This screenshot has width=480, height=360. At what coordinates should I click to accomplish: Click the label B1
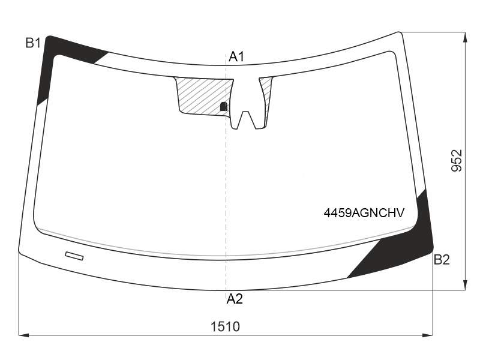33,43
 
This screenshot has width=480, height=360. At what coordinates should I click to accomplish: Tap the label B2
442,260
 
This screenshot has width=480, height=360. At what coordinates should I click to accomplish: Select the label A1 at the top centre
236,56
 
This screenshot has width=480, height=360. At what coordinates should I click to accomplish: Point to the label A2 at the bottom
235,298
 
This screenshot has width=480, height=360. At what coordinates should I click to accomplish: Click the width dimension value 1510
226,326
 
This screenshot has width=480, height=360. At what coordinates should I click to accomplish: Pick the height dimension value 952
457,160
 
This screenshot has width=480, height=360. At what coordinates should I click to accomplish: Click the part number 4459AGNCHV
364,212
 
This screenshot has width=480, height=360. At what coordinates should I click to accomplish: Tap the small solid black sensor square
224,107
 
